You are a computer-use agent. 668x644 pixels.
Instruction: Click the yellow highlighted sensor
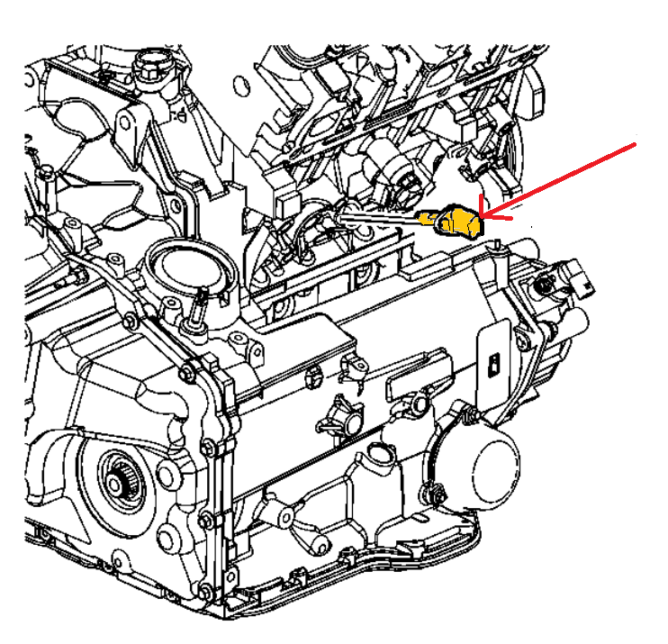(x=457, y=221)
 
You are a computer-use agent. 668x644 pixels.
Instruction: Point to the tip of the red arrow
(x=481, y=216)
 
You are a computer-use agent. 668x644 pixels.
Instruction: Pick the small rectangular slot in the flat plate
(x=492, y=364)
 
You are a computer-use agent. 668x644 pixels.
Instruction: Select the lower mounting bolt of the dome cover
(x=438, y=492)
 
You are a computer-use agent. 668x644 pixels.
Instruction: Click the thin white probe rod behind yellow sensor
(x=378, y=216)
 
